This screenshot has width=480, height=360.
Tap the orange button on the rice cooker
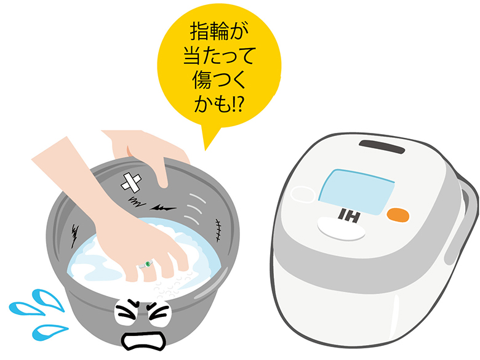click(398, 215)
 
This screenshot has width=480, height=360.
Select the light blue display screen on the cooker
click(356, 191)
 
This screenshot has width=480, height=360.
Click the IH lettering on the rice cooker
click(349, 216)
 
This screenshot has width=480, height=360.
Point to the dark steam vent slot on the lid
click(382, 146)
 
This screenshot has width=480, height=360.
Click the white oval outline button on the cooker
click(303, 194)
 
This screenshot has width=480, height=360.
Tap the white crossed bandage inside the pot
click(131, 182)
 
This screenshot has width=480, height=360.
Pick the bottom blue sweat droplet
click(49, 332)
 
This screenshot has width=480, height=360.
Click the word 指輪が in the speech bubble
click(219, 31)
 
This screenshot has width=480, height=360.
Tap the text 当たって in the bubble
click(219, 55)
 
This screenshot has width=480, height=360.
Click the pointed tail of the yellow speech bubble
click(206, 150)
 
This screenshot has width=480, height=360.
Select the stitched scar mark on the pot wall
click(218, 230)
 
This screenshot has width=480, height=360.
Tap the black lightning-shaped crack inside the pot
click(163, 208)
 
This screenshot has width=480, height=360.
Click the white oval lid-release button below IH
click(341, 229)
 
